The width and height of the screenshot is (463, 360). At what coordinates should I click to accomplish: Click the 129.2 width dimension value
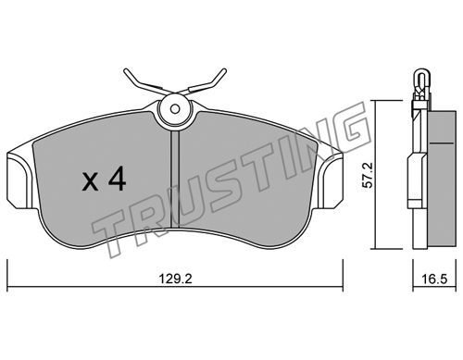(x=175, y=279)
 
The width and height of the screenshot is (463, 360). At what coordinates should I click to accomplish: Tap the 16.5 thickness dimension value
(x=434, y=279)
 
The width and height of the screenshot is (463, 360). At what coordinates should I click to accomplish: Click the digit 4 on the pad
(x=117, y=179)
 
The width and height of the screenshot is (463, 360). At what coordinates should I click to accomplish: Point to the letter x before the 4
(x=91, y=181)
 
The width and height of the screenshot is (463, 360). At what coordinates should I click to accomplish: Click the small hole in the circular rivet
(x=175, y=108)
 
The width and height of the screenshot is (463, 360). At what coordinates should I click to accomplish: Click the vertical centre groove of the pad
(x=175, y=179)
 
